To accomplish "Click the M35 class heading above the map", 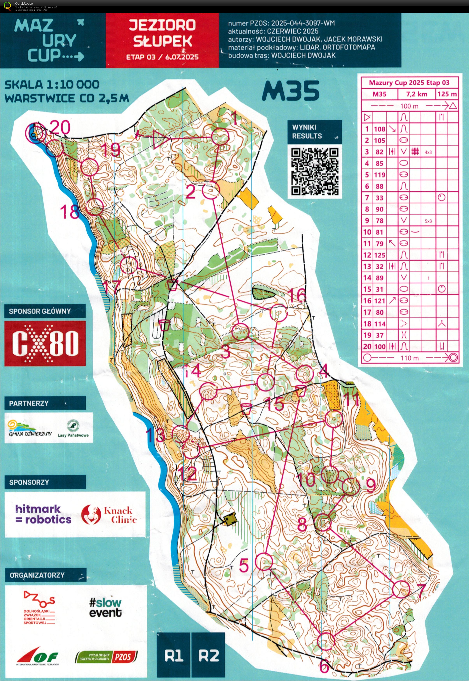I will (290, 91).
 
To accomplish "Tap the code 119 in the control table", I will (379, 175).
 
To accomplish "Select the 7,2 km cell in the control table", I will (416, 94).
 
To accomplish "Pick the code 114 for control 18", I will (379, 324).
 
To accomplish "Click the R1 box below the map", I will (174, 656).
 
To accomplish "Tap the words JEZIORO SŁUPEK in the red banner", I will (162, 33).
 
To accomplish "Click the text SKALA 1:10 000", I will (52, 85).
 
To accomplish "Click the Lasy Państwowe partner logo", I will (73, 428).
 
